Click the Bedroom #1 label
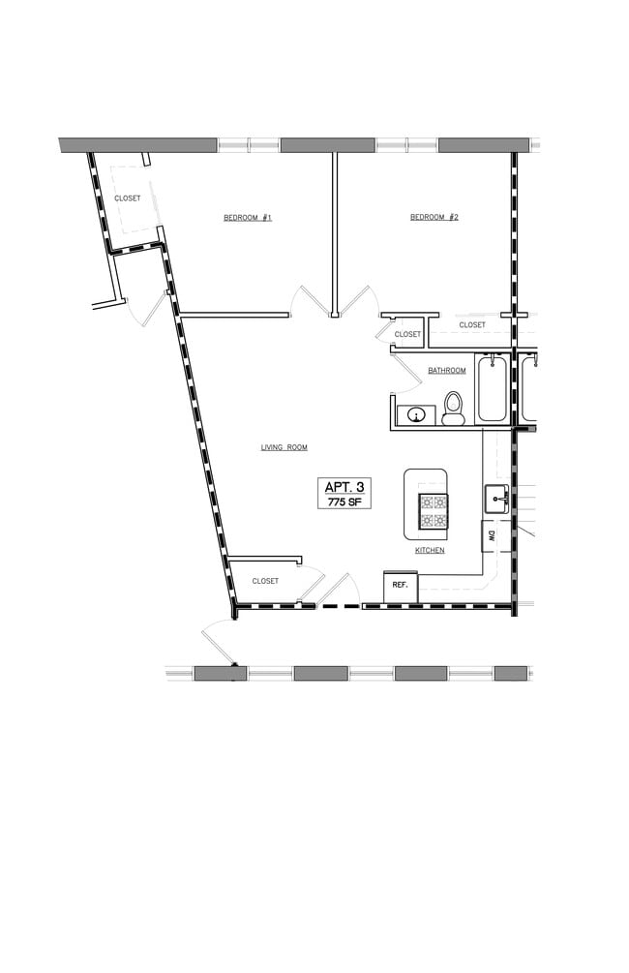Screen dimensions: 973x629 pos(247,218)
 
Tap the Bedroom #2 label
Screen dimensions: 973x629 pos(434,218)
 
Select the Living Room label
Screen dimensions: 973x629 pos(284,447)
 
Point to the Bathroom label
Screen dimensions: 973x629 pos(447,371)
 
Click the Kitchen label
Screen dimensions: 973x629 pos(430,550)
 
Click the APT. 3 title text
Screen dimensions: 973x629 pos(344,486)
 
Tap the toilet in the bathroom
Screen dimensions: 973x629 pos(453,410)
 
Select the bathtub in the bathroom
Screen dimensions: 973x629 pos(492,389)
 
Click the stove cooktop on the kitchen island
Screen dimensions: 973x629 pos(433,510)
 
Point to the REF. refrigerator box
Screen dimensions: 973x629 pos(400,585)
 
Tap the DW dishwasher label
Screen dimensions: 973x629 pos(493,534)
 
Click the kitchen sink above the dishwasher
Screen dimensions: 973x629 pos(496,500)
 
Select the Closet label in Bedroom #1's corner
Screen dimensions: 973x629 pos(128,198)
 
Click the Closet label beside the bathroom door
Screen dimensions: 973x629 pos(407,335)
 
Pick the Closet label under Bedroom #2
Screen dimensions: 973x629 pos(472,325)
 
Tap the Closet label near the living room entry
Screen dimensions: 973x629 pos(265,581)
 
